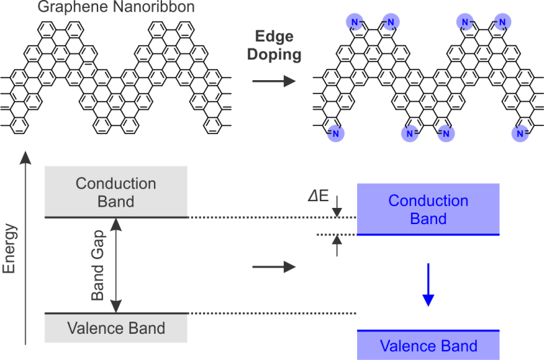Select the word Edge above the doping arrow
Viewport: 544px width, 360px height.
pyautogui.click(x=274, y=37)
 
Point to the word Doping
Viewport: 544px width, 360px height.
pyautogui.click(x=274, y=55)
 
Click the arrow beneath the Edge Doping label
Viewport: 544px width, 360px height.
pyautogui.click(x=274, y=81)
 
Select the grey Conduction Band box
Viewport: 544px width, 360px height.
pyautogui.click(x=116, y=192)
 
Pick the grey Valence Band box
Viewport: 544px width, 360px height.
pyautogui.click(x=116, y=328)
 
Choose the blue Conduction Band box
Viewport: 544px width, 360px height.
pyautogui.click(x=428, y=209)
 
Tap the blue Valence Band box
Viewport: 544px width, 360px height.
pyautogui.click(x=428, y=345)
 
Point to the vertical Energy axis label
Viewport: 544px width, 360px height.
pyautogui.click(x=9, y=249)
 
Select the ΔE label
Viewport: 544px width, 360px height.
pyautogui.click(x=317, y=197)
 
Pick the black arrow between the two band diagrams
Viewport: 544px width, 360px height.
pyautogui.click(x=274, y=267)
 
